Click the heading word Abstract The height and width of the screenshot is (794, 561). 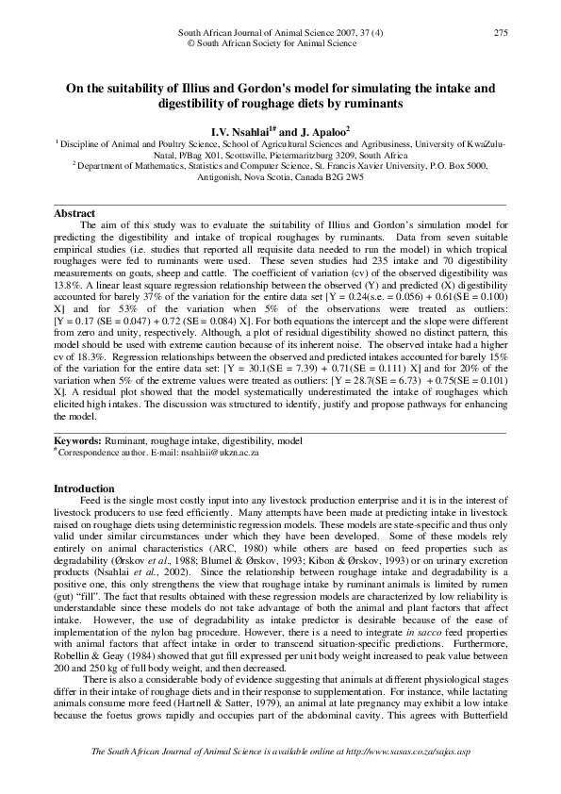pyautogui.click(x=75, y=213)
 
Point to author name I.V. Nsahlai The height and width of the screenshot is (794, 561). pyautogui.click(x=249, y=130)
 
